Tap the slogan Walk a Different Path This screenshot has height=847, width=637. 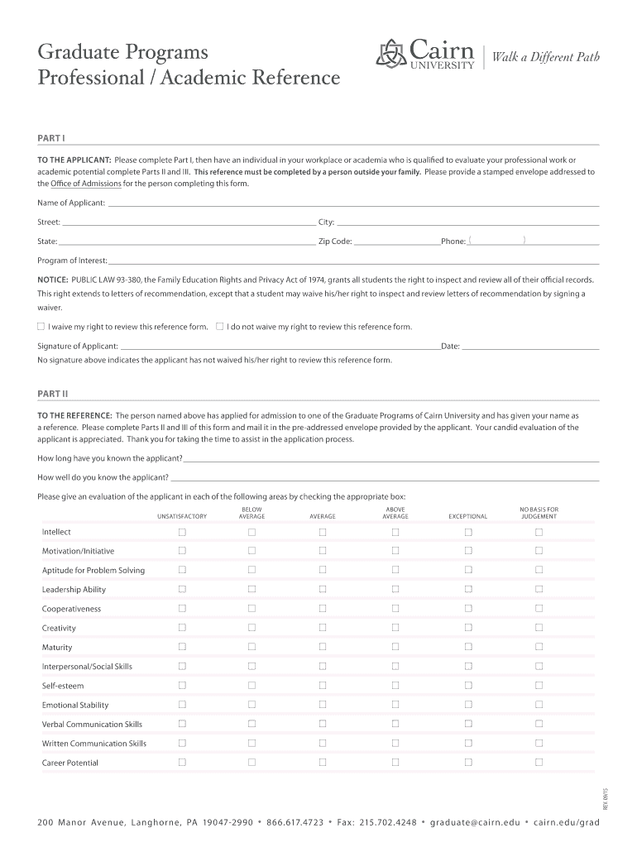click(545, 56)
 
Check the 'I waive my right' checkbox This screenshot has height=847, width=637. click(41, 327)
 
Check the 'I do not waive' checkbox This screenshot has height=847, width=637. click(220, 327)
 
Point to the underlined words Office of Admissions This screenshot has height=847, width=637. click(85, 184)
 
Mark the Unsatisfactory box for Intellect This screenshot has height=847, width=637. click(182, 532)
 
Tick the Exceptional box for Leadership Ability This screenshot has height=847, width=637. click(467, 590)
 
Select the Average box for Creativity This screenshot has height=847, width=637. click(323, 628)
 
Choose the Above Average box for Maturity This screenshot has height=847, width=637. click(395, 647)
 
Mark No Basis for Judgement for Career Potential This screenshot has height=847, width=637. click(539, 763)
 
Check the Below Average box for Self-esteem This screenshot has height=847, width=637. click(251, 686)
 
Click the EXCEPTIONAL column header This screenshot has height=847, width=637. click(467, 516)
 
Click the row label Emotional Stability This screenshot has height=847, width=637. click(74, 706)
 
